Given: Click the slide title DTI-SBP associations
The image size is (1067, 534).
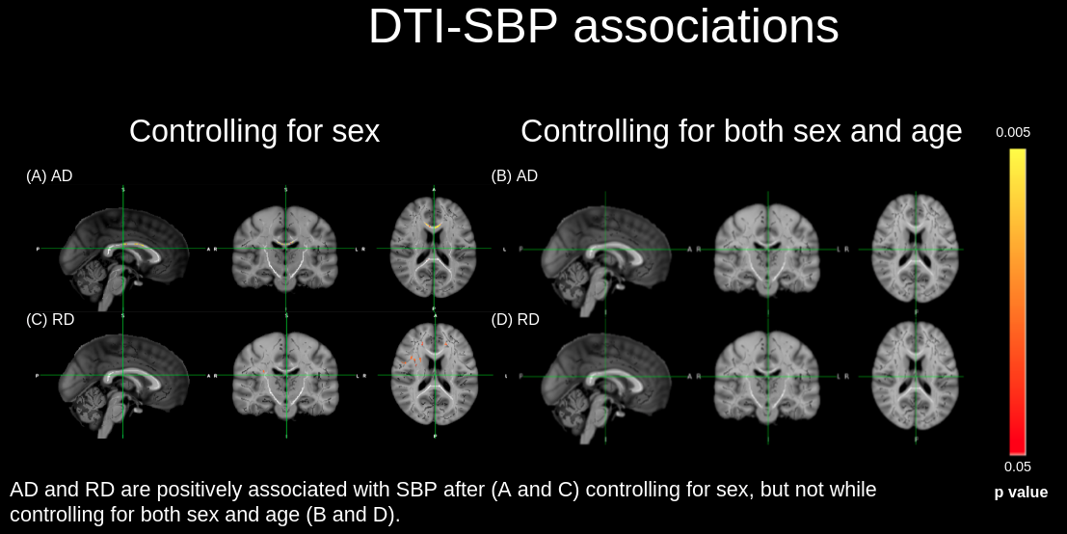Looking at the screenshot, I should [x=603, y=28].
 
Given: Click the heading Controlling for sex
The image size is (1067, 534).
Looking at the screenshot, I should [x=254, y=131].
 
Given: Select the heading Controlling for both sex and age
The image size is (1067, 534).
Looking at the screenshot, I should [x=741, y=131].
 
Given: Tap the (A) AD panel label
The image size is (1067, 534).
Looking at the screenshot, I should [x=49, y=175].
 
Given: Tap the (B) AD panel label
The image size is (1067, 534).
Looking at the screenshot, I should [x=515, y=175].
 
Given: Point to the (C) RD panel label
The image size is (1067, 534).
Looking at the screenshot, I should [x=50, y=319].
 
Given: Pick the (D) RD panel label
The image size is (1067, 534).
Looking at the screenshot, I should [x=516, y=319].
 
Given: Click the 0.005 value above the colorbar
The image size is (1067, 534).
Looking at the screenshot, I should [x=1013, y=132].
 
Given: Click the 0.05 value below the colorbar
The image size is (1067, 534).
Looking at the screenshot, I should [x=1017, y=467].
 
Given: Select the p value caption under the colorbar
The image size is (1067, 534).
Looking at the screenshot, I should [x=1021, y=493].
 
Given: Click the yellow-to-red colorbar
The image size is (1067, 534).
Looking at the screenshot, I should [x=1017, y=301].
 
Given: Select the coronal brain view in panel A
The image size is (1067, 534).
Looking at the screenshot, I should [x=285, y=250].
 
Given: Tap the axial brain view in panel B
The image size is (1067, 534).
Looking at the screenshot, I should [x=916, y=250].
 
